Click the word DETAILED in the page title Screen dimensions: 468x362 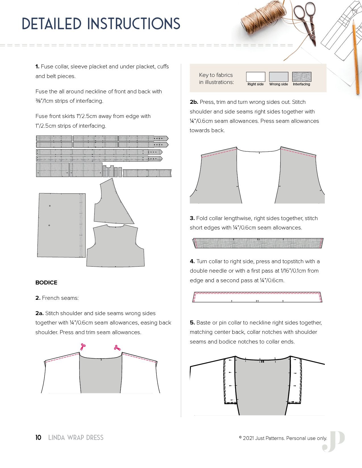point(52,24)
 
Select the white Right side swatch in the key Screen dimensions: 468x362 point(256,77)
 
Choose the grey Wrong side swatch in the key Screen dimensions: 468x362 point(279,77)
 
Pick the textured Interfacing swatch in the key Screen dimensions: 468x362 point(302,77)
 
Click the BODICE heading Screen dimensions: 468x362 point(46,283)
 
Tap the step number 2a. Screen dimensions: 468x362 point(39,313)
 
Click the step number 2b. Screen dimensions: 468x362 point(194,102)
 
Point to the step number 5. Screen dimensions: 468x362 point(192,322)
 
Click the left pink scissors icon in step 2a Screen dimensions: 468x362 point(83,347)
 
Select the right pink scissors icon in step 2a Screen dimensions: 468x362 point(117,347)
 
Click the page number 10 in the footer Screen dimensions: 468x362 point(38,438)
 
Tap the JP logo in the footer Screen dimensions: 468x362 point(333,441)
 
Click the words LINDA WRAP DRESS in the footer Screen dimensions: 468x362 point(76,438)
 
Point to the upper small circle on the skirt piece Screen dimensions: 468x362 point(50,206)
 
